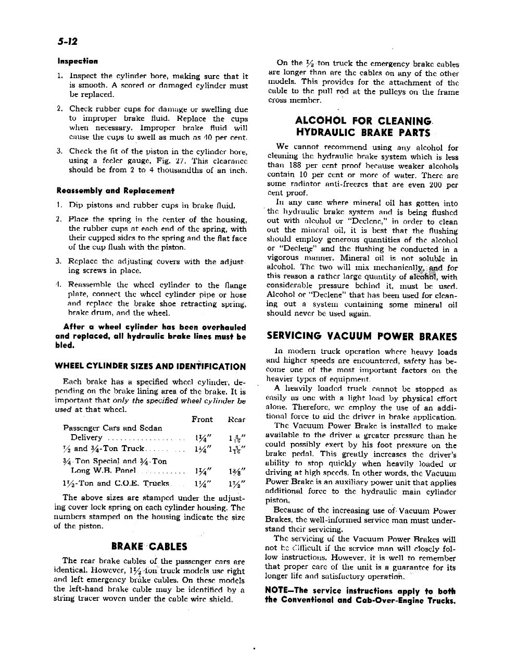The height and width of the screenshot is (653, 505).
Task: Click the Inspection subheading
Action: (78, 61)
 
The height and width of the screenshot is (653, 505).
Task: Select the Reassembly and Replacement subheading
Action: (116, 191)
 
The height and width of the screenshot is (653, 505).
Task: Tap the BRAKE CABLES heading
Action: (149, 547)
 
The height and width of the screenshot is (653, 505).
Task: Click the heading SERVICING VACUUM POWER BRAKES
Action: (362, 337)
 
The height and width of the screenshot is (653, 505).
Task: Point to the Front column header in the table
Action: (202, 419)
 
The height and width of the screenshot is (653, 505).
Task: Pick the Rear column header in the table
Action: (236, 419)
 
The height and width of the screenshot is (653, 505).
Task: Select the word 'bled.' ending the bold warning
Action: (65, 346)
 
